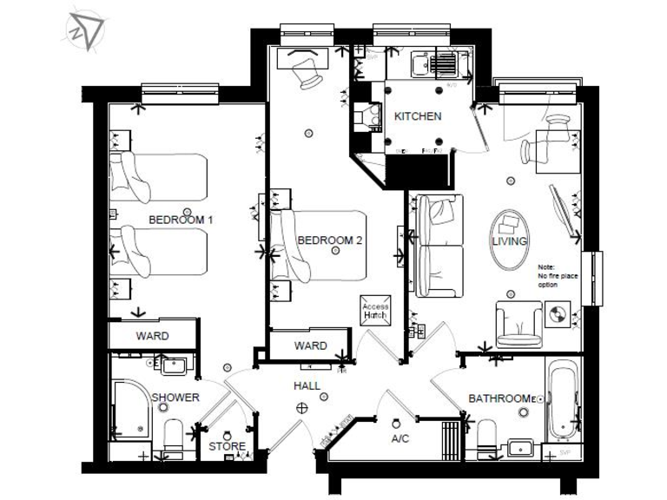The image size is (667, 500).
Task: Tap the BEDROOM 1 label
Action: pyautogui.click(x=181, y=220)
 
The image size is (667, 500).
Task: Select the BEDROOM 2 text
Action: pyautogui.click(x=329, y=240)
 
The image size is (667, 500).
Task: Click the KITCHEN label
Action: pyautogui.click(x=418, y=116)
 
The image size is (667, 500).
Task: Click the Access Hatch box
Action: pyautogui.click(x=375, y=311)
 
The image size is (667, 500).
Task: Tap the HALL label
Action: pyautogui.click(x=307, y=385)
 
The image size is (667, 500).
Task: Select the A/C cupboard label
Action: pyautogui.click(x=400, y=439)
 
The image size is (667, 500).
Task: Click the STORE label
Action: pyautogui.click(x=227, y=448)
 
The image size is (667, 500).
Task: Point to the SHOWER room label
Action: pyautogui.click(x=176, y=398)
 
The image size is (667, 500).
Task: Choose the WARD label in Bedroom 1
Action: pyautogui.click(x=152, y=336)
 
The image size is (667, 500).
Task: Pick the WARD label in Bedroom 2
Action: pyautogui.click(x=310, y=345)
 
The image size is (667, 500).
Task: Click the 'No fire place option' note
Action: pyautogui.click(x=557, y=277)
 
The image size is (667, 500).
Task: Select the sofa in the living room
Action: pyautogui.click(x=440, y=246)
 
